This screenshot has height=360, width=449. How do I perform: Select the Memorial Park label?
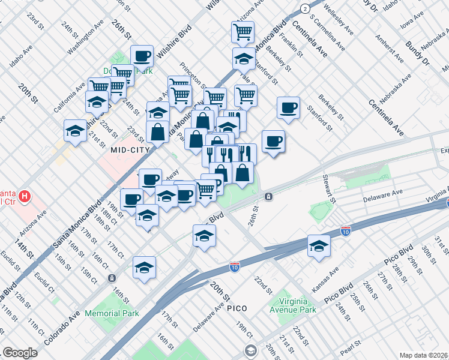[112, 313]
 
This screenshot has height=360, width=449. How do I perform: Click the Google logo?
[20, 353]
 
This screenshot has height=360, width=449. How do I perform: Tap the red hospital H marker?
[25, 196]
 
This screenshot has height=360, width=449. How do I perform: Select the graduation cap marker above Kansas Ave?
[319, 245]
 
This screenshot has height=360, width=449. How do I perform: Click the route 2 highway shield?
[306, 8]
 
